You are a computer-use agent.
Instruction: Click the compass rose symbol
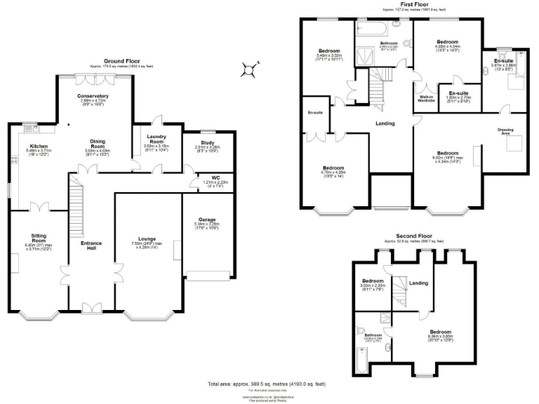click(247, 69)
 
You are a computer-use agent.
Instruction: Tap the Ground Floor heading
click(119, 61)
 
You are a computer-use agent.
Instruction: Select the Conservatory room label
click(93, 95)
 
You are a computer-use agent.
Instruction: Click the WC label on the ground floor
click(206, 177)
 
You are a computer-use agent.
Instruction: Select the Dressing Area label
click(505, 130)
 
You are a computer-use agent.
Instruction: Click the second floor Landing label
click(418, 283)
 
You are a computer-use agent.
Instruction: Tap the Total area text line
click(266, 384)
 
